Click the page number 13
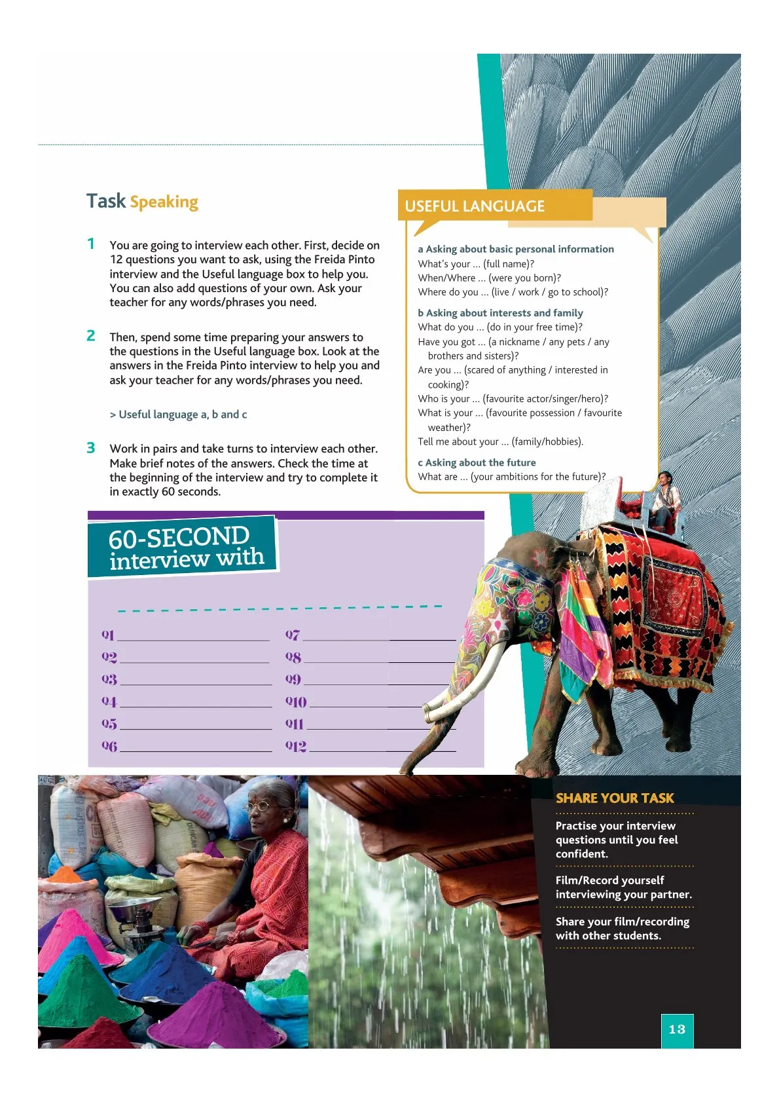(677, 1029)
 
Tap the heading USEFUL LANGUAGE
(475, 206)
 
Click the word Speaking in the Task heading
(164, 202)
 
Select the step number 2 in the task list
(91, 336)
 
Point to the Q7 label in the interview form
(293, 635)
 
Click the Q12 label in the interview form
(296, 746)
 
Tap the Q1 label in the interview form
(108, 635)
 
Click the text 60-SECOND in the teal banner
(178, 538)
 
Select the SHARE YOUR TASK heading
(615, 798)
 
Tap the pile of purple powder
(216, 1015)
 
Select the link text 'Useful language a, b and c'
(178, 415)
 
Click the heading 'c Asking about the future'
(477, 462)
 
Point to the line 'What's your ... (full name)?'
(476, 263)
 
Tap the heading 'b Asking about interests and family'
(500, 313)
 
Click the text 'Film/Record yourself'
(609, 880)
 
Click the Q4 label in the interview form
(109, 701)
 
